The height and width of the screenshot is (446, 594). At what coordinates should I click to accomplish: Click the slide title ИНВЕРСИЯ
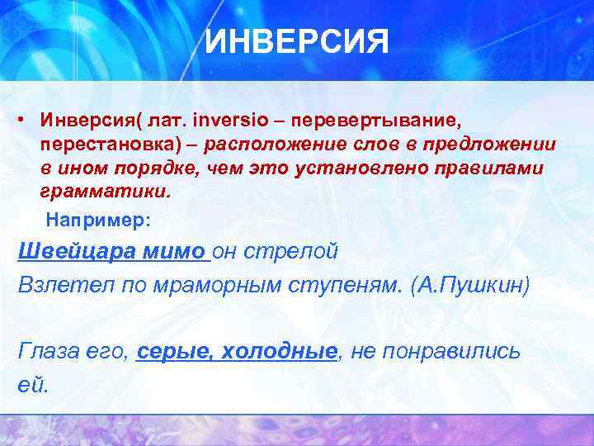coord(296,40)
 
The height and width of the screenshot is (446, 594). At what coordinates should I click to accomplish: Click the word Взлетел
coord(56,285)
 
